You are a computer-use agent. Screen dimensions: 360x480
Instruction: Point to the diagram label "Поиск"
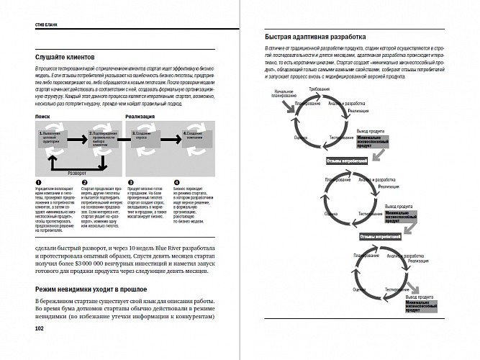(42, 115)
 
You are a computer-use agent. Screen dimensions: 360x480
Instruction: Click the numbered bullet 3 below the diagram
(130, 184)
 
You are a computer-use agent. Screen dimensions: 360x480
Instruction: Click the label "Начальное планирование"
(284, 93)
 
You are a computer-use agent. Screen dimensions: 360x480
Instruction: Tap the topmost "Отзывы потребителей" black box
(341, 161)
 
